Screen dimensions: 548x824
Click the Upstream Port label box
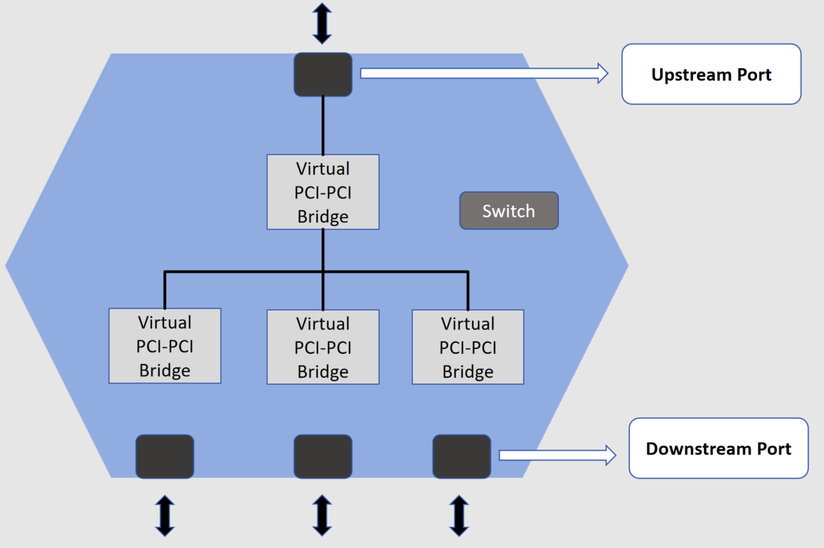click(x=711, y=74)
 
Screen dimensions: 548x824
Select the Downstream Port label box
click(x=719, y=449)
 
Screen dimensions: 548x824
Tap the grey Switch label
click(x=509, y=211)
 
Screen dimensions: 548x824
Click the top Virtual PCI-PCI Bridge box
click(x=323, y=192)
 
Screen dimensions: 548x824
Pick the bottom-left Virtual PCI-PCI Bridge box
click(x=165, y=346)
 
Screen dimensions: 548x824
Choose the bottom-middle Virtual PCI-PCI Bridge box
click(x=323, y=347)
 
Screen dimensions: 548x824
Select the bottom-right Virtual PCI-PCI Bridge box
click(x=468, y=347)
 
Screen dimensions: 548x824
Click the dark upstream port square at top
click(x=323, y=74)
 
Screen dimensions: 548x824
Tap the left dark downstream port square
click(x=165, y=456)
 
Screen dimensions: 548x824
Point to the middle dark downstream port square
click(x=323, y=456)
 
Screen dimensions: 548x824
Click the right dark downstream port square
click(x=462, y=456)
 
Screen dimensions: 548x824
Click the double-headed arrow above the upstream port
click(x=322, y=24)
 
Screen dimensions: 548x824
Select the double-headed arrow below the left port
click(x=165, y=515)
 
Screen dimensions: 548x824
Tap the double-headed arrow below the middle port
click(x=322, y=515)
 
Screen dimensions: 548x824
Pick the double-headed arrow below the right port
click(x=459, y=515)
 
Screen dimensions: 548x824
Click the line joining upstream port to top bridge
click(x=323, y=125)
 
